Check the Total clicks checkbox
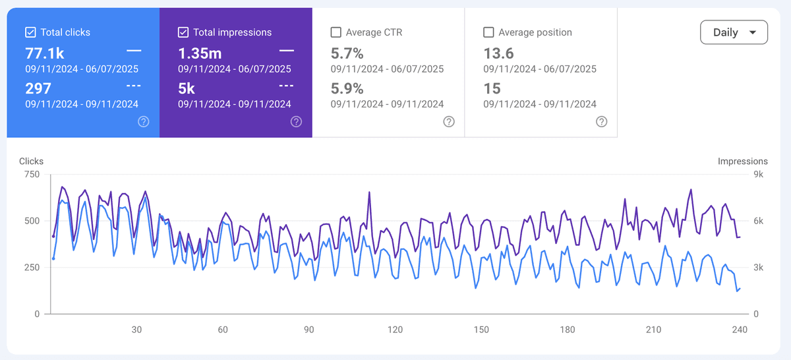(30, 32)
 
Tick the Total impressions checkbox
(183, 32)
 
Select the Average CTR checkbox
(336, 32)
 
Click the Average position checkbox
(488, 32)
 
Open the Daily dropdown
(734, 32)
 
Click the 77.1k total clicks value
(45, 53)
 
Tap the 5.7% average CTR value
(347, 53)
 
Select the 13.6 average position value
(498, 53)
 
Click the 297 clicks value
(38, 88)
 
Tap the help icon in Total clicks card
(144, 121)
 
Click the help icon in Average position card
(601, 121)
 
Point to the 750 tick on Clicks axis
(32, 175)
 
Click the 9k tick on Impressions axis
(758, 175)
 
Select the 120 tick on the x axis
(395, 330)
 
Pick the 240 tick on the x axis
(740, 330)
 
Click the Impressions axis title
(742, 161)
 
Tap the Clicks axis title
(31, 161)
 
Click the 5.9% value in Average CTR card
(347, 88)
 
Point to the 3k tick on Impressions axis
(758, 268)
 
